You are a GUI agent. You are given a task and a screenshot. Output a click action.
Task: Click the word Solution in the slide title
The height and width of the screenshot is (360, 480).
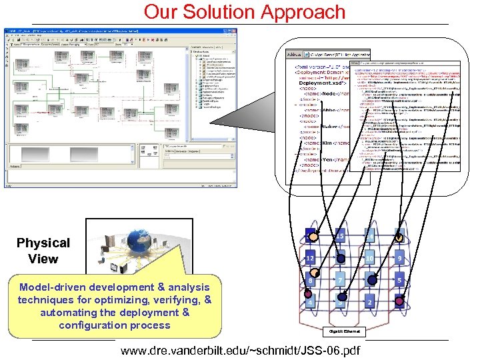pos(218,12)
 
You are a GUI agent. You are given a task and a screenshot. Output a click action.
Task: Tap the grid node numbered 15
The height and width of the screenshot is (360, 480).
pos(339,236)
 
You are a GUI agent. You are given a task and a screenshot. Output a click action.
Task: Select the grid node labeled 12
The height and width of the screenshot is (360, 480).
pos(310,258)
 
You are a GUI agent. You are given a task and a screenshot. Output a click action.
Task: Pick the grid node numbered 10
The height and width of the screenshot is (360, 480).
pos(369,258)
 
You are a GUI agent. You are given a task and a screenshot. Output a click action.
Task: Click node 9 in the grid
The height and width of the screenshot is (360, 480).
pos(399,258)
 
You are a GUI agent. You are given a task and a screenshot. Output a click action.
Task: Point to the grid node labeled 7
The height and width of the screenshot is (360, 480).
pos(339,281)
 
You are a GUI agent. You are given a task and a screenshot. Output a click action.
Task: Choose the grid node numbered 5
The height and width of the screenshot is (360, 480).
pos(399,281)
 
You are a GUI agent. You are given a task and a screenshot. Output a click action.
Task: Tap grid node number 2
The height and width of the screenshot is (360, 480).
pos(369,303)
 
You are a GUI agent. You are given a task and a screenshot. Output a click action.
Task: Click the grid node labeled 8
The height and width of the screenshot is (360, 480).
pos(310,281)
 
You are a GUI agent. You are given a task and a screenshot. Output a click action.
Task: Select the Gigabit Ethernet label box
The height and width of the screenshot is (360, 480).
pos(345,331)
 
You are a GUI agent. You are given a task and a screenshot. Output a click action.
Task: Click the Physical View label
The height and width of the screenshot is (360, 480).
pos(43,251)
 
